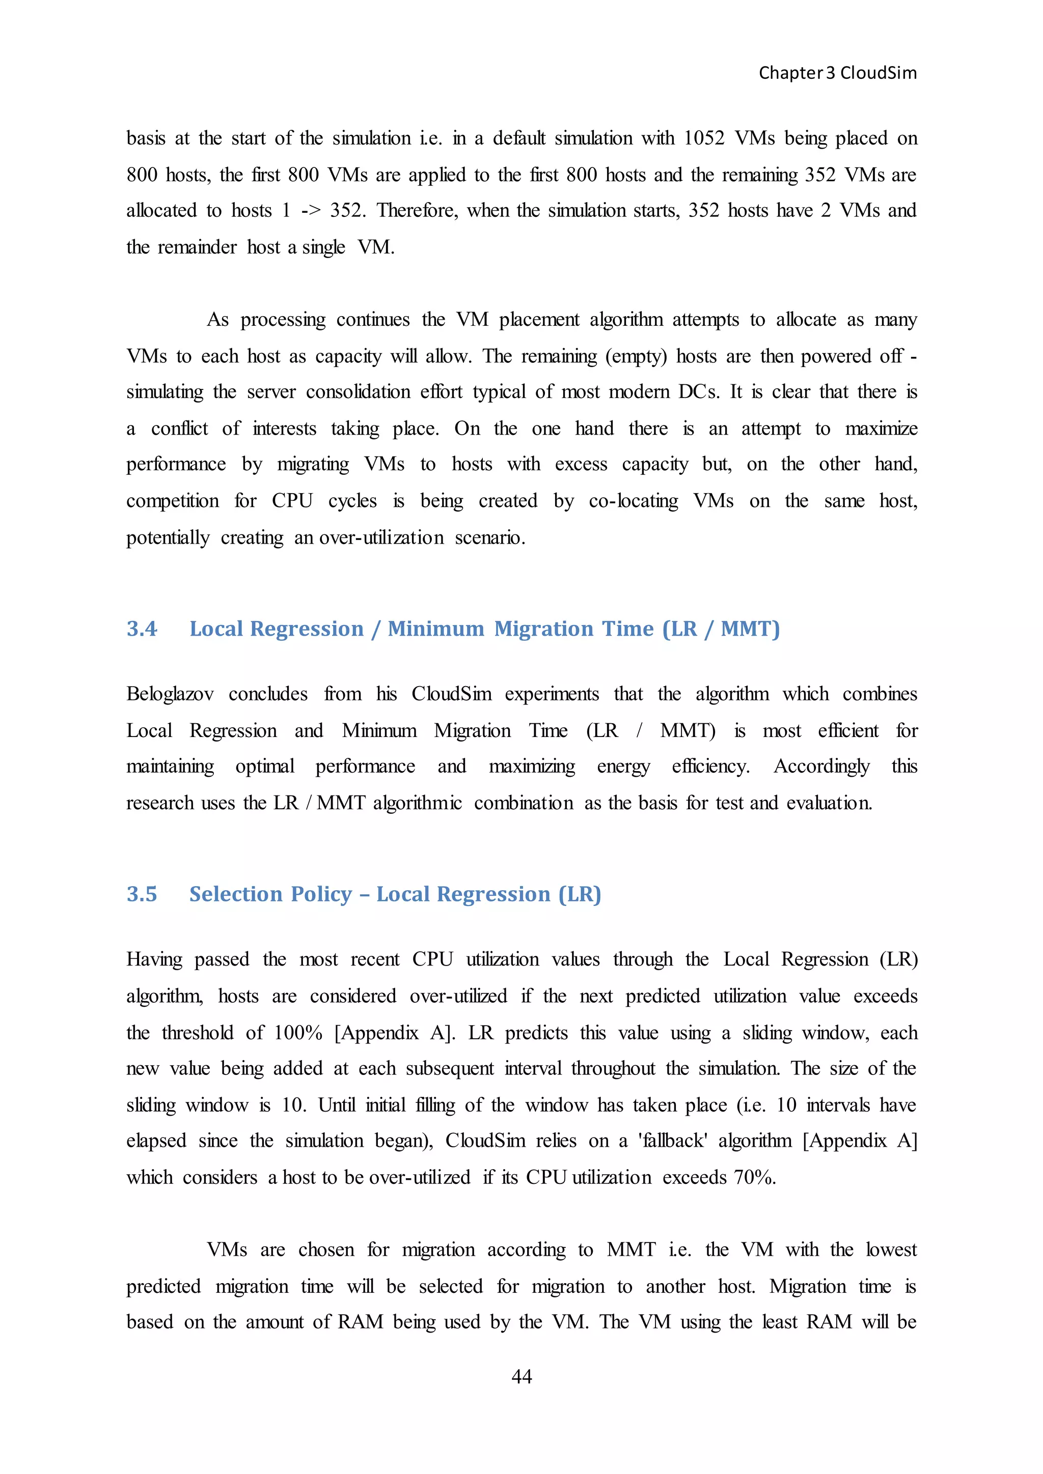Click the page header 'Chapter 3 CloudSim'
837,73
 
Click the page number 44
521,1376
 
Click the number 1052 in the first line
704,138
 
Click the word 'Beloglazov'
170,694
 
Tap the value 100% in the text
298,1032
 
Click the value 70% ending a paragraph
755,1177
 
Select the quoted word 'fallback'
672,1141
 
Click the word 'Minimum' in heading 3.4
435,629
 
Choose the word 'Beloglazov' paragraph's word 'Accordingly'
821,767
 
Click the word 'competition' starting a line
172,501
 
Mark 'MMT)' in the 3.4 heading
750,629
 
